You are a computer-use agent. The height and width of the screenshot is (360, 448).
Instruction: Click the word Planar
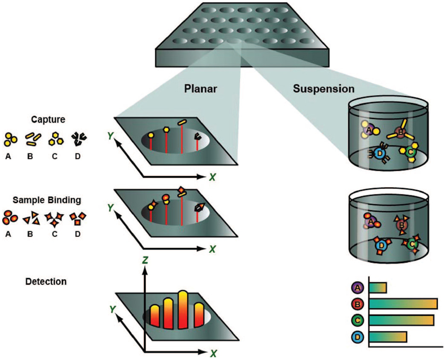[x=201, y=89]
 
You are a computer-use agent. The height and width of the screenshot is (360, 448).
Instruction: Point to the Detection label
[x=46, y=281]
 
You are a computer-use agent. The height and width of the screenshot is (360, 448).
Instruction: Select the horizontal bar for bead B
[x=403, y=304]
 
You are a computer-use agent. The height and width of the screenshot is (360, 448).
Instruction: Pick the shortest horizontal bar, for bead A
[x=378, y=288]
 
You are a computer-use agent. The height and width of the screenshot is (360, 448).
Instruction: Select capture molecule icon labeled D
[x=77, y=138]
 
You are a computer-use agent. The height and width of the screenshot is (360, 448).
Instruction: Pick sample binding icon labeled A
[x=10, y=218]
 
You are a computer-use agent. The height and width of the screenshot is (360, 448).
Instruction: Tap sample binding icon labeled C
[x=54, y=219]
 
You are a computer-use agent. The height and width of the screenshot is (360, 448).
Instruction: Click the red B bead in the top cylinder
[x=400, y=133]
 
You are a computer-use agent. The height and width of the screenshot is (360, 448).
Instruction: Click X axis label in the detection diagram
[x=212, y=353]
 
